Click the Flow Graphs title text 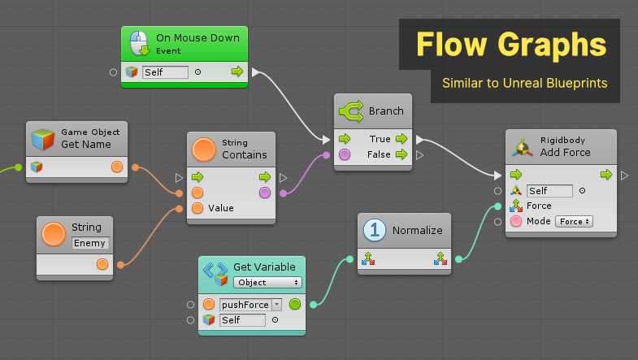511,44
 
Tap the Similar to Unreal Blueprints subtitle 525,83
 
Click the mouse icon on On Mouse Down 140,43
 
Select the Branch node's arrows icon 350,111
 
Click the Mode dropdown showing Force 573,221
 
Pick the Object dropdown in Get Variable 267,282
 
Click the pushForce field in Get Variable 245,304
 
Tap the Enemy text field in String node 90,242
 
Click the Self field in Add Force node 549,191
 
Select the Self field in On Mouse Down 165,72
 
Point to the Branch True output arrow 401,139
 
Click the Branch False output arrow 401,154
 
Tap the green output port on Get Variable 294,305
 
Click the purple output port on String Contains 265,193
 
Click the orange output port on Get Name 117,167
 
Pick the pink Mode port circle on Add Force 515,221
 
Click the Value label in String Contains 221,208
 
